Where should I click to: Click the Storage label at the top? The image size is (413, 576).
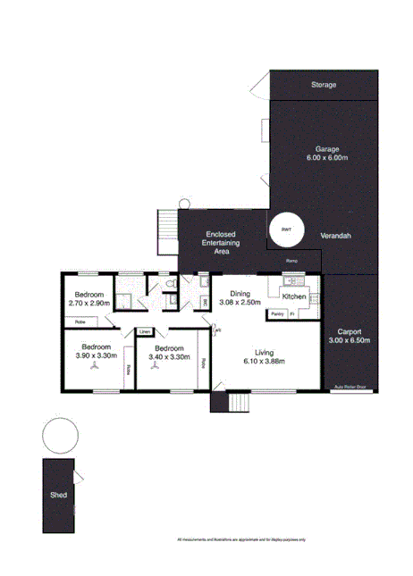tap(324, 85)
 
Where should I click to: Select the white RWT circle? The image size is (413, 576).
tap(286, 230)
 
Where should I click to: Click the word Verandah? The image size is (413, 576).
tap(334, 235)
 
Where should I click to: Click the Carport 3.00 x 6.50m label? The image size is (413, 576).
tap(350, 336)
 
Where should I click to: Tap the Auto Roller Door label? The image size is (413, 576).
tap(350, 388)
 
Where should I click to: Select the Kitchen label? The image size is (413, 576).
tap(295, 296)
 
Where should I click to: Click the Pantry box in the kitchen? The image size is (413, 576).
tap(277, 314)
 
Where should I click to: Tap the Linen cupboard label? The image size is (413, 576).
tap(145, 332)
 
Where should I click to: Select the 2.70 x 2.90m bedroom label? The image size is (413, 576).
tap(88, 299)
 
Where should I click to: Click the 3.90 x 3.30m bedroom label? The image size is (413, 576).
tap(96, 351)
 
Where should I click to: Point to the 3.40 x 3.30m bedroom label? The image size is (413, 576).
tap(168, 352)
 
